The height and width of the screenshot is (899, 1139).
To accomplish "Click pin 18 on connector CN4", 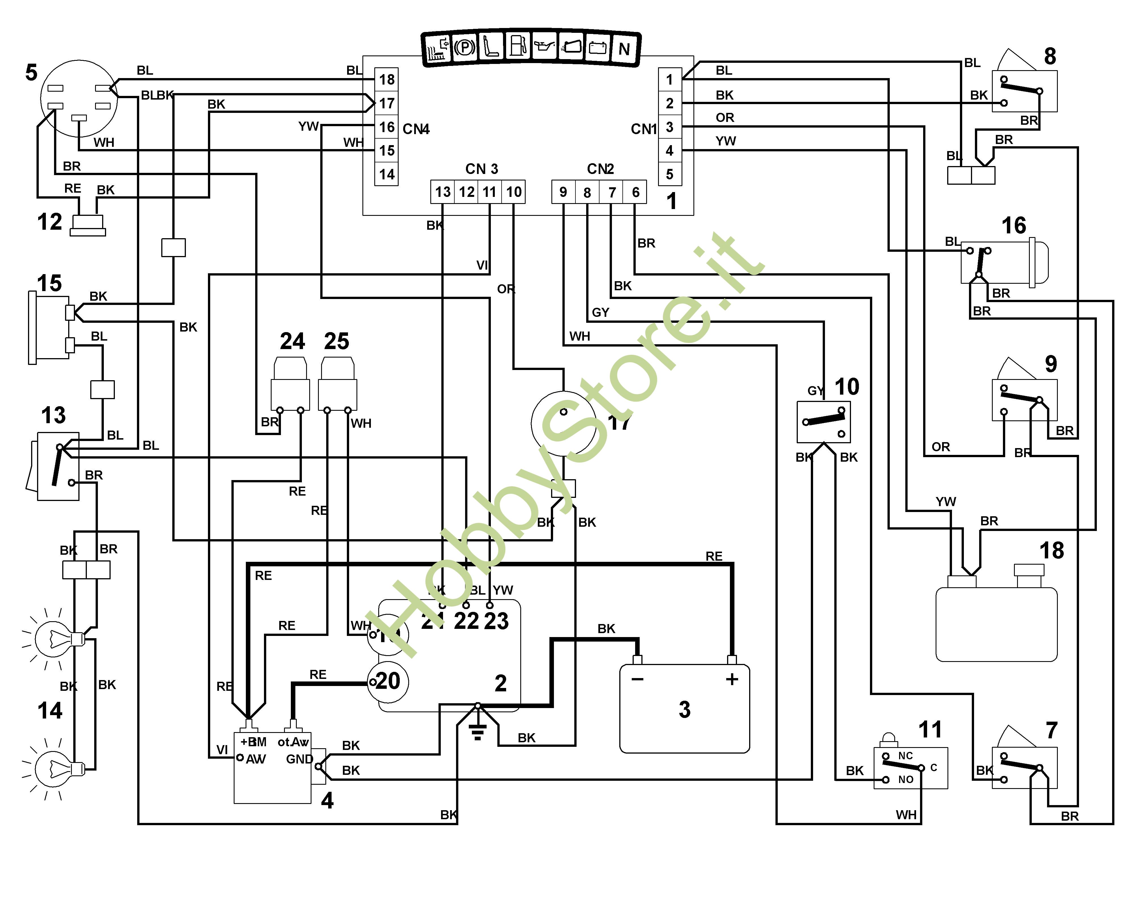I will click(x=386, y=79).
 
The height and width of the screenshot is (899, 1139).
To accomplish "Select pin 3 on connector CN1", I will click(x=669, y=127).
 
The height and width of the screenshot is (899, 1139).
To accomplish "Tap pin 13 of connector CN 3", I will click(x=443, y=192).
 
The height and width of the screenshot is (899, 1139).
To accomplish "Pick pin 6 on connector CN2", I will click(x=635, y=192).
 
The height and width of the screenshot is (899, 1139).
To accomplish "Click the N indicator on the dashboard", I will click(x=624, y=49).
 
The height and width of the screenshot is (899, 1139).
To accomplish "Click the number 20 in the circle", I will click(x=388, y=682).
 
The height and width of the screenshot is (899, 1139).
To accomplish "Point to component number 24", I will click(x=292, y=341).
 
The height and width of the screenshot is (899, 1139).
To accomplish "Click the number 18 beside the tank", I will click(x=1052, y=550).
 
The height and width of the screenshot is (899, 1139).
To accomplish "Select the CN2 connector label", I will click(x=601, y=169).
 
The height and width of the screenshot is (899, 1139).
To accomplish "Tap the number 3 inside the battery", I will click(x=684, y=709).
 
